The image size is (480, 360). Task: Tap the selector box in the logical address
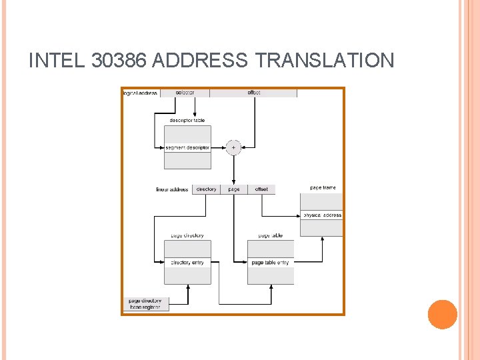point(185,93)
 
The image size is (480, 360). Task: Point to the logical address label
point(141,93)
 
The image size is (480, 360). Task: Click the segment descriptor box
point(187,147)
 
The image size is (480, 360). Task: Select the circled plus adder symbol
point(233,147)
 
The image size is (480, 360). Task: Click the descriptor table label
point(187,121)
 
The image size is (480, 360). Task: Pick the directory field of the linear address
point(206,189)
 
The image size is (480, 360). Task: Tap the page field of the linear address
point(234,189)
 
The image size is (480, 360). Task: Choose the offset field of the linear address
point(261,189)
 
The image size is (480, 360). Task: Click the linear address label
point(172,189)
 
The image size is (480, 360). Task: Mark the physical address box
point(321,215)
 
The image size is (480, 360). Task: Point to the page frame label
point(323,188)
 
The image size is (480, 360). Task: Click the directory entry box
point(187,263)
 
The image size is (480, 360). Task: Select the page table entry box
point(270,263)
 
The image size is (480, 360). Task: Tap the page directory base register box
point(145,304)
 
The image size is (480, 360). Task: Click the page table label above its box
point(270,235)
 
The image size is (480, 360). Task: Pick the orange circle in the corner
point(442,314)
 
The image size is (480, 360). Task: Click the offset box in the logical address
point(254,93)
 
